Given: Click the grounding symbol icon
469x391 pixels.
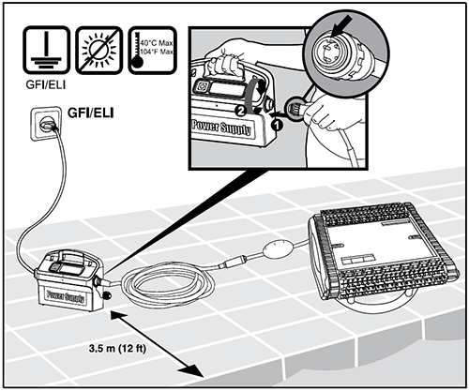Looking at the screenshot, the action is pyautogui.click(x=46, y=50).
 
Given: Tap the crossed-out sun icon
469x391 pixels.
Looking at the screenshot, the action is pyautogui.click(x=98, y=50).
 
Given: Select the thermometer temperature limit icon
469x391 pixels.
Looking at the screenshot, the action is pyautogui.click(x=153, y=50).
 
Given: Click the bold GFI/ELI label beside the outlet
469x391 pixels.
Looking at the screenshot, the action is pyautogui.click(x=91, y=113).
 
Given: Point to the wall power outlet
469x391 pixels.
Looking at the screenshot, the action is pyautogui.click(x=46, y=123).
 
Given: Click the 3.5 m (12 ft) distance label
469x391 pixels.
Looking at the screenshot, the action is pyautogui.click(x=117, y=348).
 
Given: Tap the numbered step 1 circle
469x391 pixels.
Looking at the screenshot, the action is pyautogui.click(x=277, y=125).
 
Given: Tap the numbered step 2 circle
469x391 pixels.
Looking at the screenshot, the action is pyautogui.click(x=239, y=112).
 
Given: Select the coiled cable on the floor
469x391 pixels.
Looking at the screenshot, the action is pyautogui.click(x=169, y=284).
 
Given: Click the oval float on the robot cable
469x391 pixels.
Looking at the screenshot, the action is pyautogui.click(x=279, y=249).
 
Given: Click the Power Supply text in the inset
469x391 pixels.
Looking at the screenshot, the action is pyautogui.click(x=221, y=128).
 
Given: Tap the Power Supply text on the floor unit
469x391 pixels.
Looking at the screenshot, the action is pyautogui.click(x=66, y=295).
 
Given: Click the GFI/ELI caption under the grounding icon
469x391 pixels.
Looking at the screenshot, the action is pyautogui.click(x=46, y=84).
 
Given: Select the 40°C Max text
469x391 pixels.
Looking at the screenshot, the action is pyautogui.click(x=157, y=43).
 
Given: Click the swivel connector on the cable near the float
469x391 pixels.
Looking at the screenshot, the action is pyautogui.click(x=233, y=262).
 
